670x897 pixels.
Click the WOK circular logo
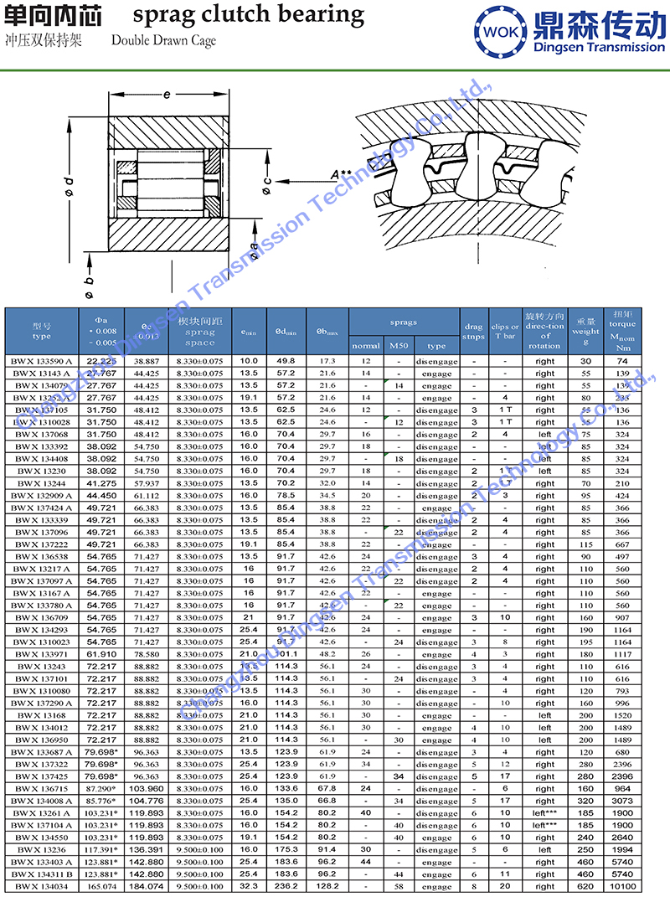pyautogui.click(x=500, y=32)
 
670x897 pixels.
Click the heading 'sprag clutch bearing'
pyautogui.click(x=249, y=14)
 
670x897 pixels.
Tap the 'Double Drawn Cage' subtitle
pyautogui.click(x=162, y=40)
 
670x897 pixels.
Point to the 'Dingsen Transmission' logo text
pyautogui.click(x=599, y=47)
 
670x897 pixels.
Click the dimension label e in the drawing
pyautogui.click(x=167, y=95)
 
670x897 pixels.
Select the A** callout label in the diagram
pyautogui.click(x=341, y=174)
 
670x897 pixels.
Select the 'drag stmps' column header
pyautogui.click(x=474, y=332)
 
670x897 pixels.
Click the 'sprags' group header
pyautogui.click(x=405, y=322)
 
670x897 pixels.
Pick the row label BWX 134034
pyautogui.click(x=41, y=886)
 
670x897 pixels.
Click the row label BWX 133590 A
pyautogui.click(x=41, y=361)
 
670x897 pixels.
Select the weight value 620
pyautogui.click(x=585, y=886)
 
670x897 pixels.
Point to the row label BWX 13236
pyautogui.click(x=41, y=849)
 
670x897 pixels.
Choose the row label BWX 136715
pyautogui.click(x=41, y=788)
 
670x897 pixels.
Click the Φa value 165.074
pyautogui.click(x=101, y=886)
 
